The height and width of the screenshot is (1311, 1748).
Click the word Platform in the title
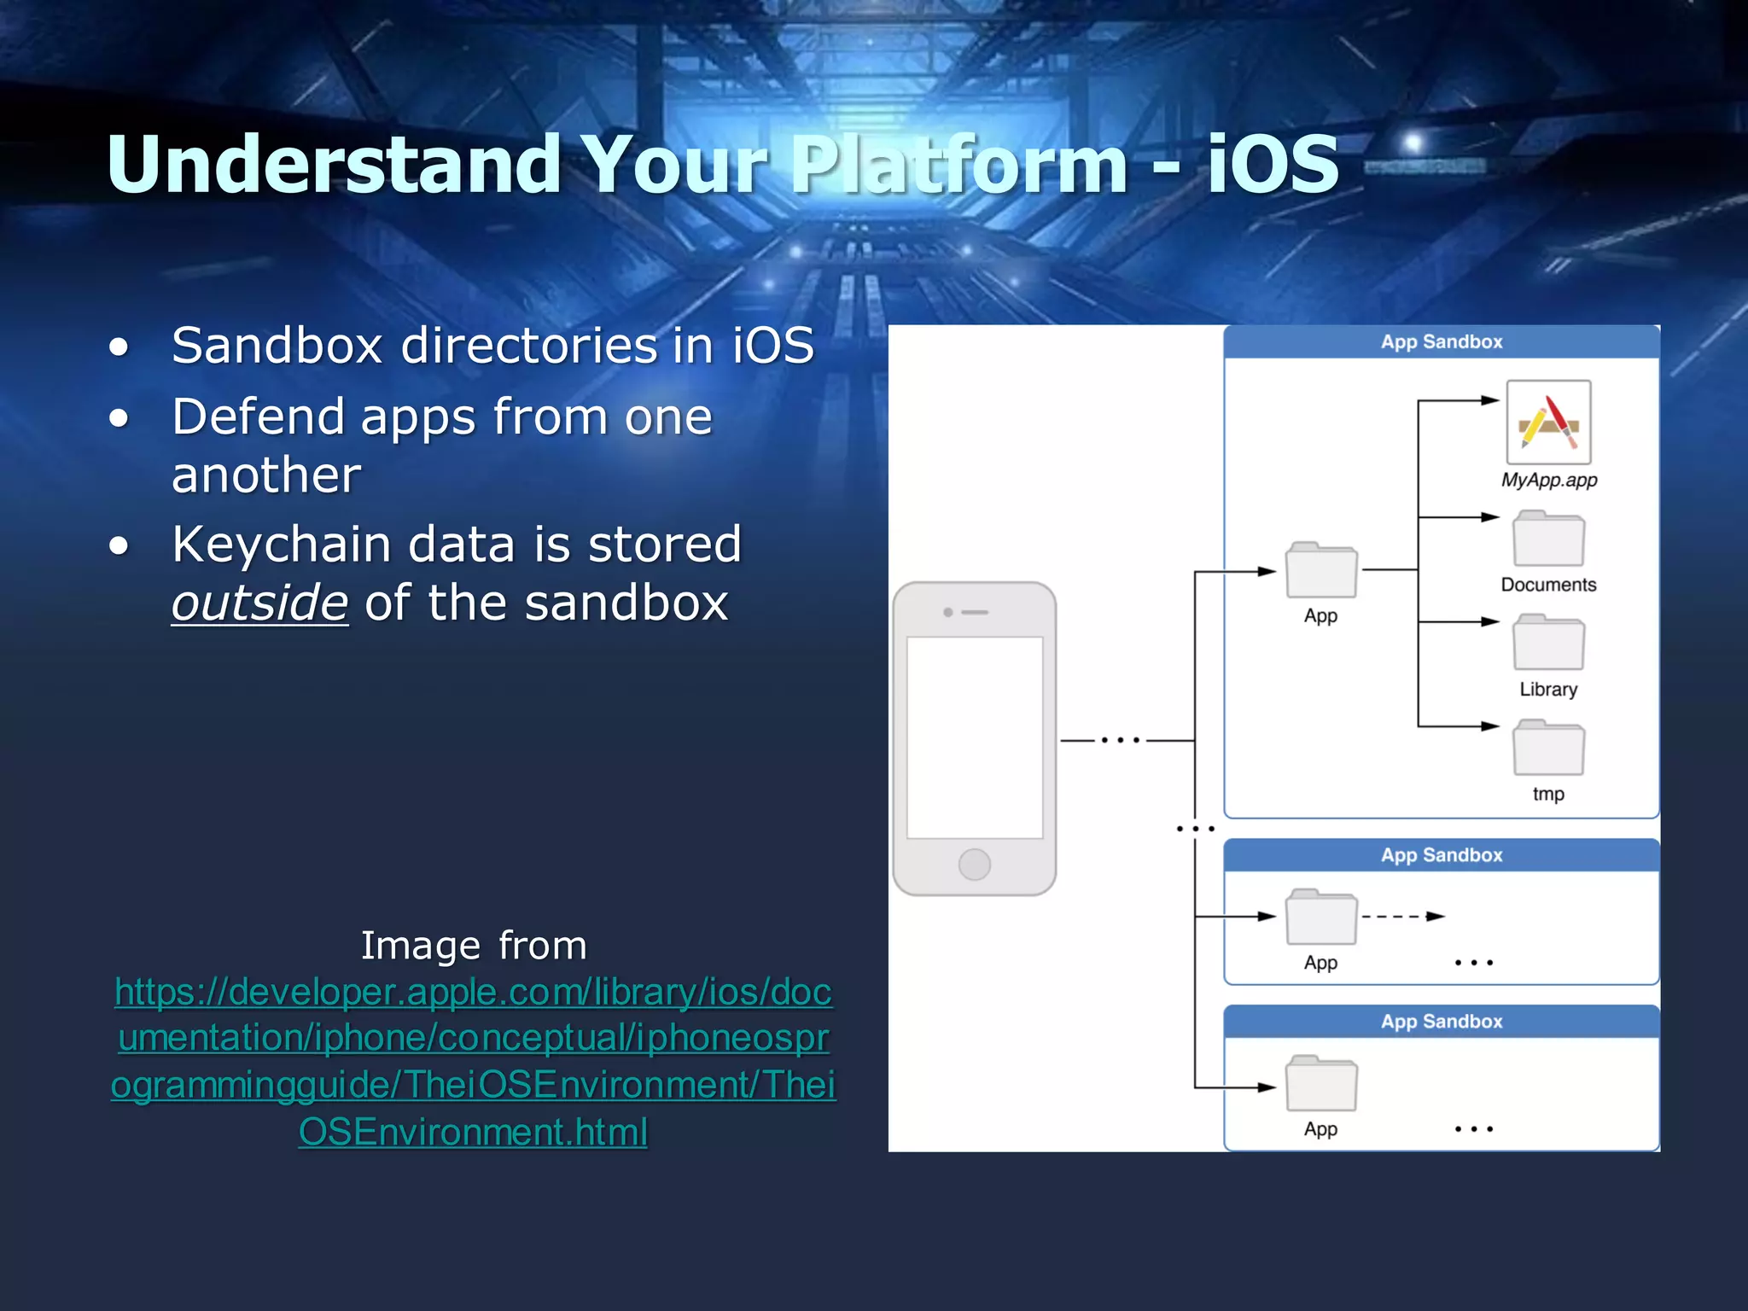[x=958, y=164]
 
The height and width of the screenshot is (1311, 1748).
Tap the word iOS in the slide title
[x=1272, y=164]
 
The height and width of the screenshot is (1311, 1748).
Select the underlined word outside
[x=259, y=603]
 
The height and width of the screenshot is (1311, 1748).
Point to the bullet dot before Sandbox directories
[x=119, y=347]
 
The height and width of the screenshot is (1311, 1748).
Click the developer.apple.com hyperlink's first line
[x=474, y=992]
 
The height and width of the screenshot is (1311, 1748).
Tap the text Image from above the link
[x=474, y=945]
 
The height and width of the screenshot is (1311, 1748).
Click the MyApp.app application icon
[x=1548, y=422]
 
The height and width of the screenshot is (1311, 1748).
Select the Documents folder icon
[x=1548, y=539]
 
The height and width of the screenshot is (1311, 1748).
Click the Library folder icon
[x=1548, y=644]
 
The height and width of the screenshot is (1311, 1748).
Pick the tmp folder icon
[x=1548, y=749]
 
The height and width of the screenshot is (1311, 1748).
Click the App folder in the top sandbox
[x=1321, y=570]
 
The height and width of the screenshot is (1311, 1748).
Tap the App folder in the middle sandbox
[x=1321, y=918]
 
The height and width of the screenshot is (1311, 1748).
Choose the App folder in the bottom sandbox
[x=1321, y=1084]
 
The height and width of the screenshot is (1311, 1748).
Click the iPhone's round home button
[x=974, y=865]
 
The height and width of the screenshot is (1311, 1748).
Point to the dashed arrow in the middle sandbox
[x=1401, y=917]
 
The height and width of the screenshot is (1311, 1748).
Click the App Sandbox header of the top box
[x=1442, y=342]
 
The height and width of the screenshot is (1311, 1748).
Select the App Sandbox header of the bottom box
[x=1442, y=1022]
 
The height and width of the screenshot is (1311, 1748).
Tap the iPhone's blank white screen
[x=974, y=737]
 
